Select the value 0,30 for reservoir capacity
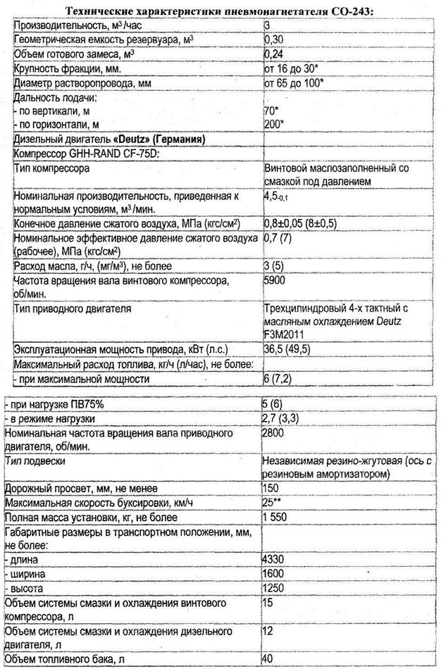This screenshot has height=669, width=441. pos(273,39)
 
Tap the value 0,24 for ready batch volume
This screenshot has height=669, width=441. pos(273,54)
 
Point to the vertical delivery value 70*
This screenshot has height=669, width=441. pos(271,111)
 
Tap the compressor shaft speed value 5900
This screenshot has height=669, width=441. pos(275,281)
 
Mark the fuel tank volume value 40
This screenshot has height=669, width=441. pos(268,659)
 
